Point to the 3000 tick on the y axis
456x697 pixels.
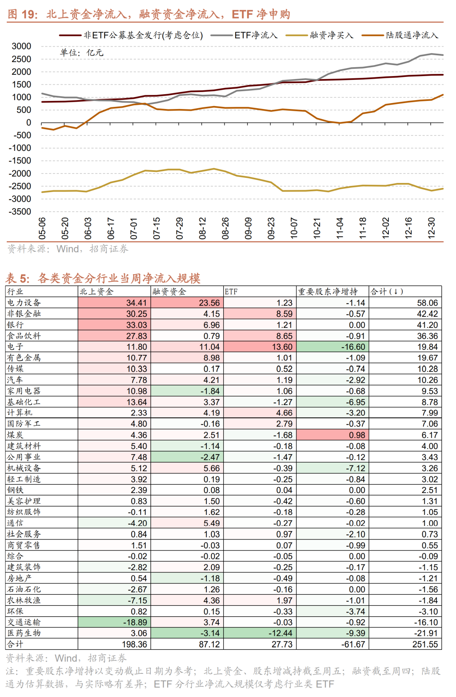tap(22, 46)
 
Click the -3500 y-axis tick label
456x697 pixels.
tap(20, 212)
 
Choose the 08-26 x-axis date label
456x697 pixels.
tap(225, 229)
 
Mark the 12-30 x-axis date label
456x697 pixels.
tap(432, 229)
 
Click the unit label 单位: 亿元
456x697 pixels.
tap(81, 53)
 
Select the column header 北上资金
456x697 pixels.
tap(97, 291)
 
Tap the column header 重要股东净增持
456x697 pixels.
tap(328, 291)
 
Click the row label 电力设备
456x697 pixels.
tap(24, 302)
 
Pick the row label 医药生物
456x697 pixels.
tap(24, 633)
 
